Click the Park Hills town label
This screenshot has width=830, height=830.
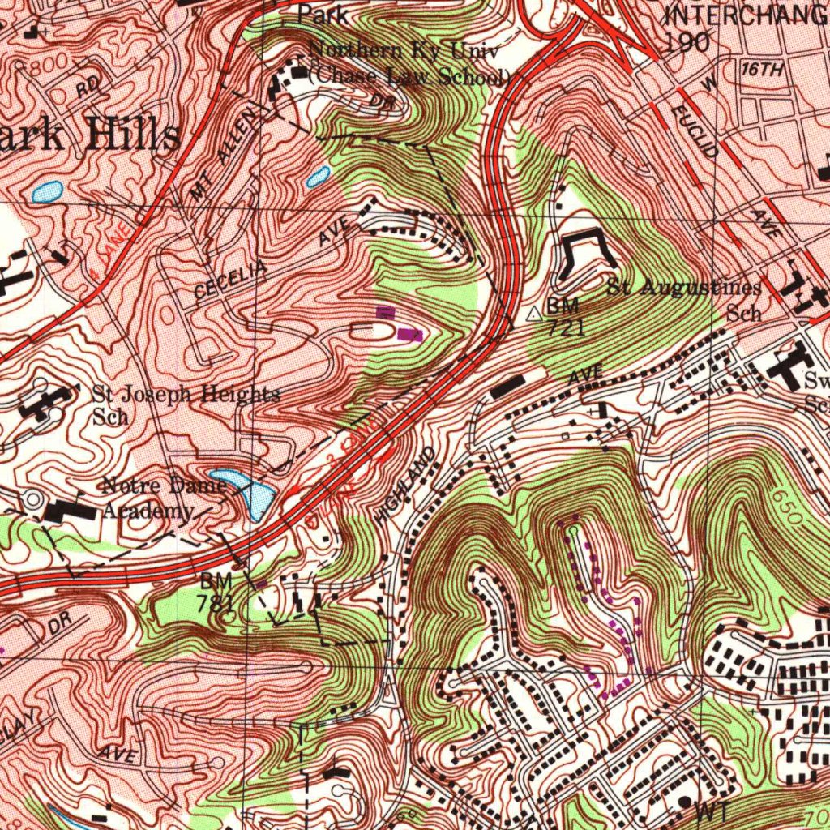pyautogui.click(x=89, y=135)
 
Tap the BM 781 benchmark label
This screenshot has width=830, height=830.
pyautogui.click(x=216, y=593)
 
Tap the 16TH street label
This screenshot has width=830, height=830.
pyautogui.click(x=762, y=71)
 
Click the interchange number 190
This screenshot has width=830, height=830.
pyautogui.click(x=687, y=43)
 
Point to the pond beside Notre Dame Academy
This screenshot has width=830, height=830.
pyautogui.click(x=243, y=490)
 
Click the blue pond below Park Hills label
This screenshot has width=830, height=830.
pyautogui.click(x=47, y=192)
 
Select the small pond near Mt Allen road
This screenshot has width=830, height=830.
pyautogui.click(x=317, y=177)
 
